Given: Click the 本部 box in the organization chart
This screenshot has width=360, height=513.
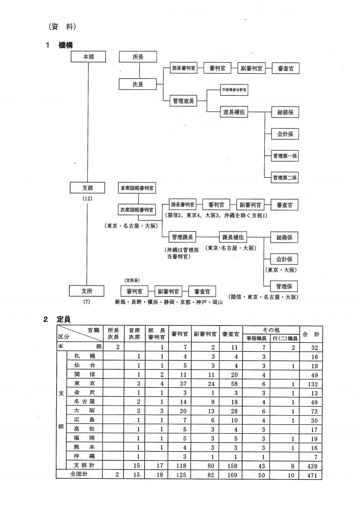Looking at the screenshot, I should (x=88, y=57).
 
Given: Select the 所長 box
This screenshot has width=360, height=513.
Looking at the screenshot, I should (x=138, y=57).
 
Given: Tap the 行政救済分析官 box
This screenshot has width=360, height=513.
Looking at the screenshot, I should (x=234, y=90).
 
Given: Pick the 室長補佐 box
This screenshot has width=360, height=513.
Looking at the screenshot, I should (x=234, y=113).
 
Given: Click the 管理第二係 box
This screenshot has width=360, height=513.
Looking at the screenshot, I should (x=285, y=178).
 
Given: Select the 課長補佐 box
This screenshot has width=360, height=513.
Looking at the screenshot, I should (x=233, y=237).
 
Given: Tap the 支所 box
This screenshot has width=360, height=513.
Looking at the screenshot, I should (x=87, y=291).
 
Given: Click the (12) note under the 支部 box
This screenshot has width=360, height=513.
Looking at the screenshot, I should (x=87, y=198).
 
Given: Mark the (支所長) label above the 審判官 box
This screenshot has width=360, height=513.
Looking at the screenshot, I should (x=131, y=280).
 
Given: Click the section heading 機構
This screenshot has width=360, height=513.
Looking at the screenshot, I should (x=65, y=45).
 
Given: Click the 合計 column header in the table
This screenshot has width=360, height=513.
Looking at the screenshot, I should (x=311, y=334).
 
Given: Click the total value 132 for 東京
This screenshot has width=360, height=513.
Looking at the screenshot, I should (x=311, y=384).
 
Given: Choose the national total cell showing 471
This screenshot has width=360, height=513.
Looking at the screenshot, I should (x=311, y=475).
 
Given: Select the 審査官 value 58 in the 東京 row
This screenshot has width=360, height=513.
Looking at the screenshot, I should (x=232, y=384).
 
